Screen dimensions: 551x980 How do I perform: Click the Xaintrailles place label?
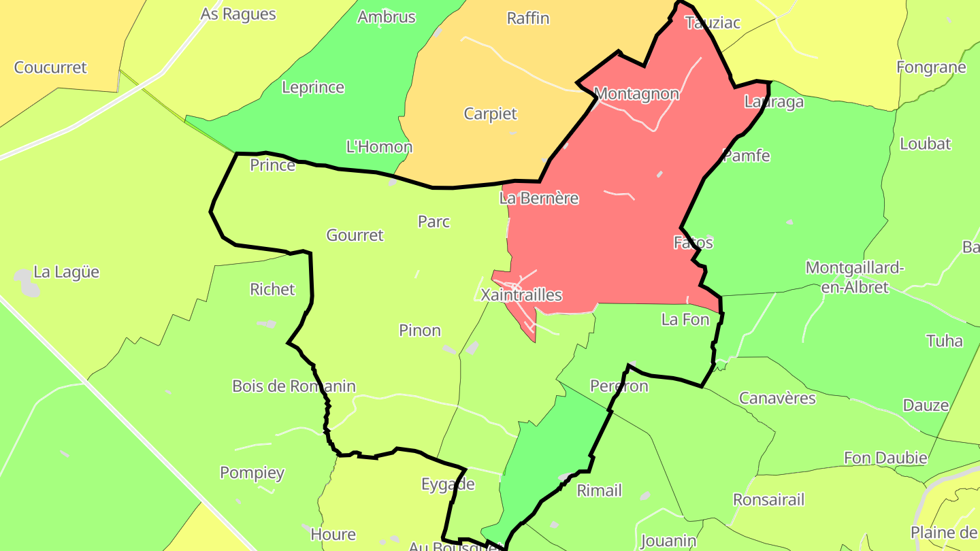[x=521, y=295]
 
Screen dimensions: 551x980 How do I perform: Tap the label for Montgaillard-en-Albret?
[x=855, y=277]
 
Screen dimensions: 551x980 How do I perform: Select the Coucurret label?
[x=50, y=67]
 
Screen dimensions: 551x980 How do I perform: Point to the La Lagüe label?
[x=67, y=272]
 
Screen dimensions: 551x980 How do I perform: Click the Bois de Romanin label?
[x=294, y=386]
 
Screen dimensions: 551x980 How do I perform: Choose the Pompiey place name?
[x=252, y=473]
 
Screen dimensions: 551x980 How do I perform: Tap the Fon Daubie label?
[x=885, y=458]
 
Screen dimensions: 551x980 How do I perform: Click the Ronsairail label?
[x=768, y=500]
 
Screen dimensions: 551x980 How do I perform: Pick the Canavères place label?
[x=777, y=398]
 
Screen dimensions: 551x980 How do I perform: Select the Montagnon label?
[x=636, y=94]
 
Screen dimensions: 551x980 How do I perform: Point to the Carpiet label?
[x=491, y=114]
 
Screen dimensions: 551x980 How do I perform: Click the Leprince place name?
[x=313, y=88]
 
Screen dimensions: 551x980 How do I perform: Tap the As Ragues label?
[x=238, y=14]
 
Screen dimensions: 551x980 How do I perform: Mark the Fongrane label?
[x=931, y=67]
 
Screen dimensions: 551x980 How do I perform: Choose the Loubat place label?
[x=926, y=144]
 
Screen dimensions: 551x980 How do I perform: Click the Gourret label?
[x=355, y=235]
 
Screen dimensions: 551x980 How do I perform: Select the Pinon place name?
[x=420, y=331]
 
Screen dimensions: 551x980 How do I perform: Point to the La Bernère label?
[x=539, y=199]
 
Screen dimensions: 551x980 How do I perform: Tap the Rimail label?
[x=599, y=490]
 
